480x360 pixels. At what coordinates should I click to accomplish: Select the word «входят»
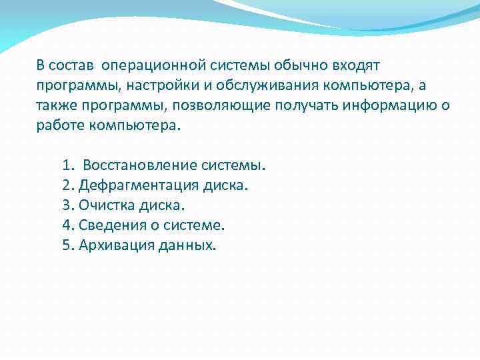355,65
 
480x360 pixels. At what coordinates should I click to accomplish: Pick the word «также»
57,105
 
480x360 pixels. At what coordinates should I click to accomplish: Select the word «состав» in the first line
73,65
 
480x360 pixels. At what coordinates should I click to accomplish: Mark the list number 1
67,165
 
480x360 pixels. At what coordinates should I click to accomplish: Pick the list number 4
67,225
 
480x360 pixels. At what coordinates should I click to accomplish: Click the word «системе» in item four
189,225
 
